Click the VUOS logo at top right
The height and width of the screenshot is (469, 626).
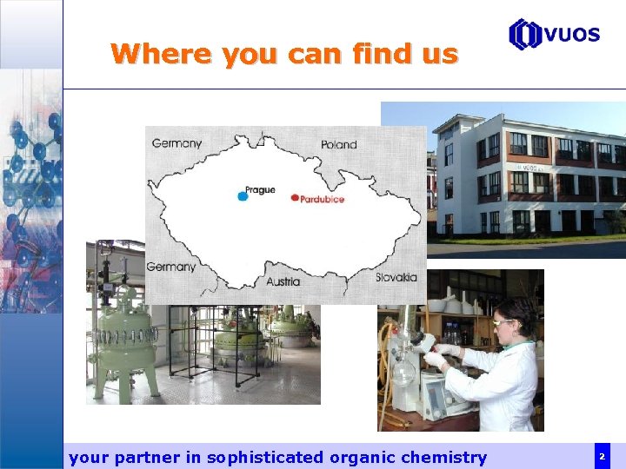[554, 34]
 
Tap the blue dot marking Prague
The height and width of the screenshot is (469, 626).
[243, 196]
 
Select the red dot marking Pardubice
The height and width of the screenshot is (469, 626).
[295, 198]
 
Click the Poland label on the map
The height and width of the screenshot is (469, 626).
[338, 144]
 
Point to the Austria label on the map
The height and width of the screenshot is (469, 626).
[283, 281]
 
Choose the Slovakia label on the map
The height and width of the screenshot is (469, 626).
[396, 277]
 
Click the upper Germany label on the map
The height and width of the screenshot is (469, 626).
[176, 143]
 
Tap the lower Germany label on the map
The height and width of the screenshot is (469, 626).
[170, 267]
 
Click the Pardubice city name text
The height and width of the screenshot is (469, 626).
[323, 199]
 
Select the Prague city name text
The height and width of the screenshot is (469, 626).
[260, 189]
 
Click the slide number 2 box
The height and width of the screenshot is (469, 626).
[602, 456]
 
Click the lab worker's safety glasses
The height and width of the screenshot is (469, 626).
[503, 323]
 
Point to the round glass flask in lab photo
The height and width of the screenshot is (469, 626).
[404, 374]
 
